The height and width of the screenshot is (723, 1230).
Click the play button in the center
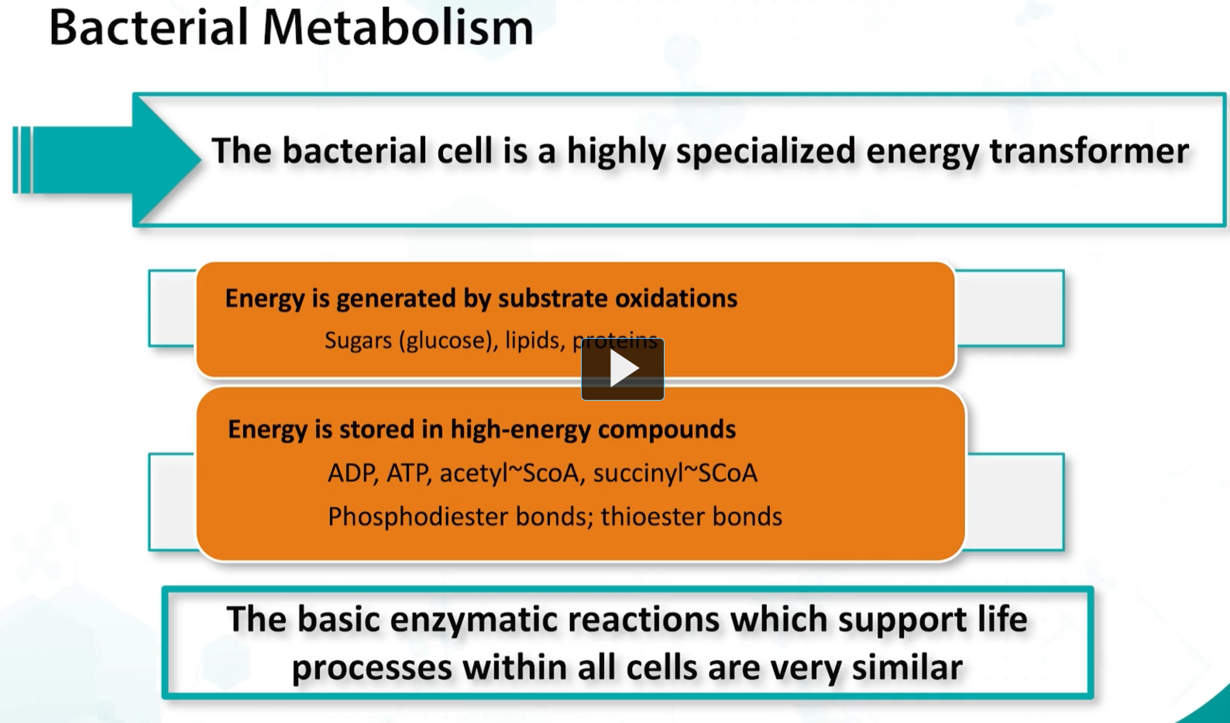tap(622, 369)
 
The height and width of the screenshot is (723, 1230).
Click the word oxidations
tap(676, 298)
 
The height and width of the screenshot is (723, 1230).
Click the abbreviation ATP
tap(408, 473)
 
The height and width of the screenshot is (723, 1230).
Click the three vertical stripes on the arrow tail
tap(22, 160)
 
